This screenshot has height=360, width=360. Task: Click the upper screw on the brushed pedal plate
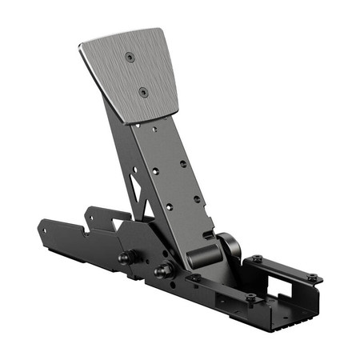(x=130, y=57)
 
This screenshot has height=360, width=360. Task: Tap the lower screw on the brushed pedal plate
(x=143, y=92)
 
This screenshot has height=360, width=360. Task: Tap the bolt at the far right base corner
(x=312, y=278)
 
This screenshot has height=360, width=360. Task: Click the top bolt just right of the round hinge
(x=256, y=258)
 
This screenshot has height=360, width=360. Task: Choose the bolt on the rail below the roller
(x=194, y=278)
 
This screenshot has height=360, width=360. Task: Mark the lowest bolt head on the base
(x=250, y=298)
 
